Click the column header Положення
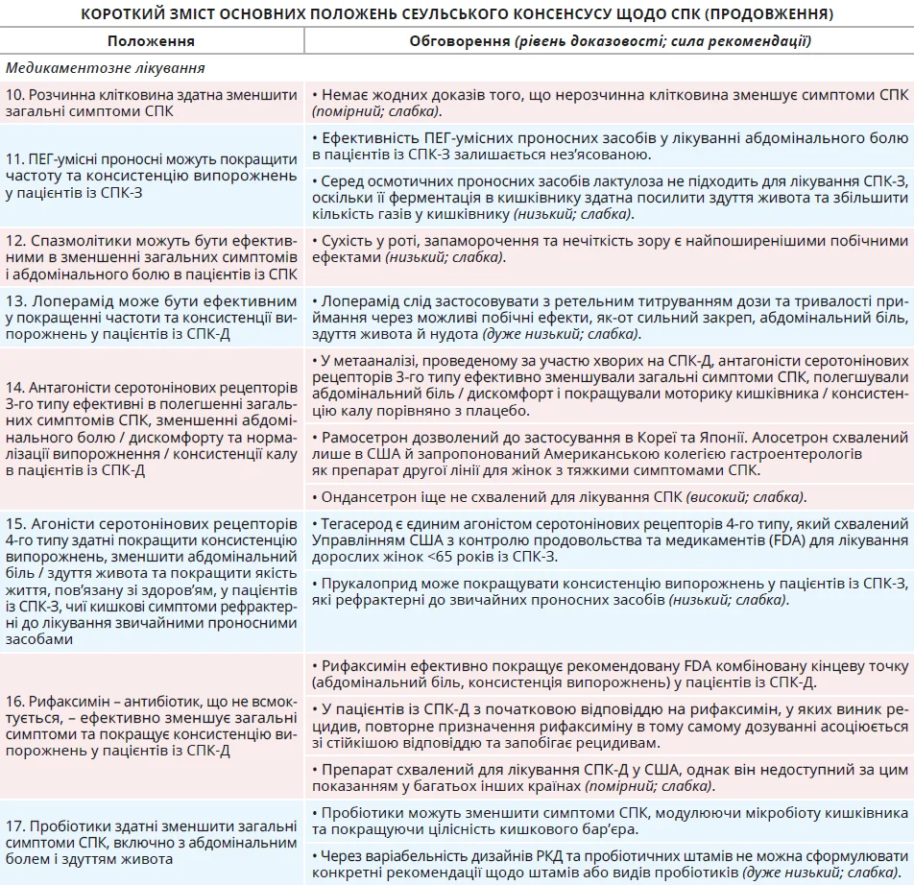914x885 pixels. coord(151,41)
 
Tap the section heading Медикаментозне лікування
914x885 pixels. coord(105,69)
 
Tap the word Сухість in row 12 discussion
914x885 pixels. coord(349,240)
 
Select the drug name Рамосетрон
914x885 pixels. coord(364,436)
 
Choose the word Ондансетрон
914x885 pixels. coord(368,496)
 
